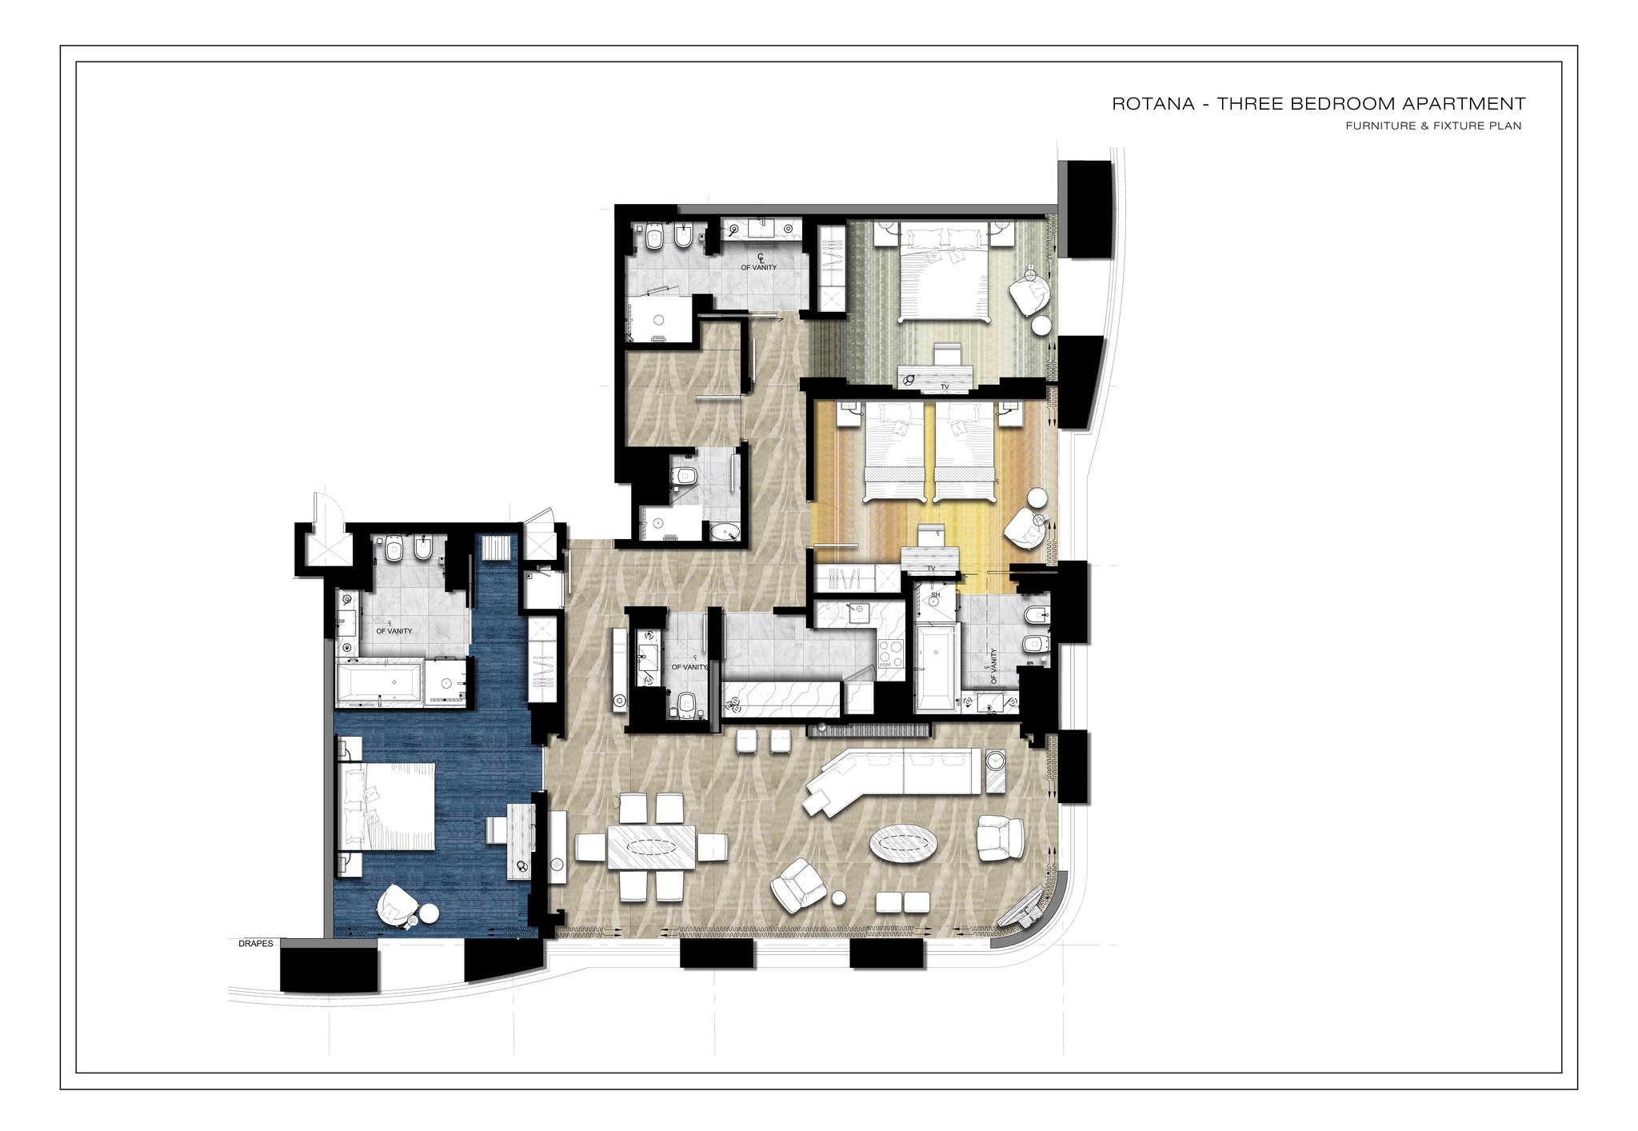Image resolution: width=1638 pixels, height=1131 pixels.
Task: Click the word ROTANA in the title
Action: coord(1153,104)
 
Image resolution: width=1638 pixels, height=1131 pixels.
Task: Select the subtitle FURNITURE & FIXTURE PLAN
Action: coord(1433,126)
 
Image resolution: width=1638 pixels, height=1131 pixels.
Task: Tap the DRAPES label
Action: coord(256,944)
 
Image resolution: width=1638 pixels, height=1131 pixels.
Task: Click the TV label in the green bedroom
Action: coord(945,387)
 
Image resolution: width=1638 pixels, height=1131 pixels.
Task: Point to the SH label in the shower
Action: coord(936,595)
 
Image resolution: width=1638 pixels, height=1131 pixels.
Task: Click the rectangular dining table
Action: coord(652,846)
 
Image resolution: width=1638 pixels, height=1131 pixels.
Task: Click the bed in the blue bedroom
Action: coord(388,806)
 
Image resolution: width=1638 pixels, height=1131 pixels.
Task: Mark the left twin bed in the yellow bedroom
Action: coord(894,452)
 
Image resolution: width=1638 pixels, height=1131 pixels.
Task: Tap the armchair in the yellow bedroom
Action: coord(1025,528)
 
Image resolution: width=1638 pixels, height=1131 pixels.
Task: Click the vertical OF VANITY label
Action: coord(993,665)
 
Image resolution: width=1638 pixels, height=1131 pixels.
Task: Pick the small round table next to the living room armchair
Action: coord(838,897)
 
